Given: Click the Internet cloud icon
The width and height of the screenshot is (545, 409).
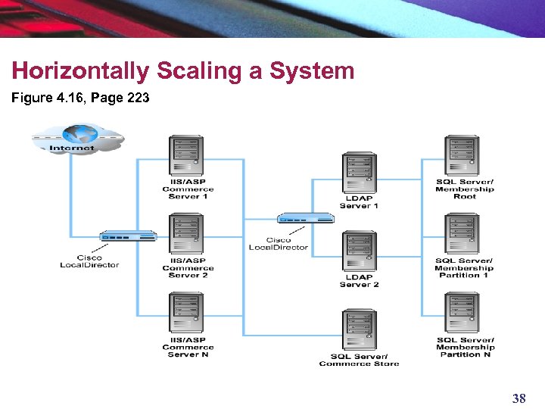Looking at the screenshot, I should click(76, 139).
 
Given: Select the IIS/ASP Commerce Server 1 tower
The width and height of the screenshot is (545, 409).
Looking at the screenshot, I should click(186, 155).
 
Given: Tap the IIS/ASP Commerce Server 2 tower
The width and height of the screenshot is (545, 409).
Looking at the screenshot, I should click(186, 234).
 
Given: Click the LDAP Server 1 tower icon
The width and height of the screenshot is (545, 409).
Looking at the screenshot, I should click(359, 173).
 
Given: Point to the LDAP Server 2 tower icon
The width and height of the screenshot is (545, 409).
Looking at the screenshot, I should click(359, 251).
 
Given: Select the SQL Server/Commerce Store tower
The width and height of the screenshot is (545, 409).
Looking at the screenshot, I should click(359, 330).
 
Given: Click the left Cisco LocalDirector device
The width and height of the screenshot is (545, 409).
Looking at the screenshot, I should click(127, 236).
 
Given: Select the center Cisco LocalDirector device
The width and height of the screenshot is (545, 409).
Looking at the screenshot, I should click(305, 219).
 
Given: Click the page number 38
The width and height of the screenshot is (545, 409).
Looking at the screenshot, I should click(519, 398).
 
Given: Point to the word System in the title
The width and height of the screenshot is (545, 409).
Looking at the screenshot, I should click(318, 71).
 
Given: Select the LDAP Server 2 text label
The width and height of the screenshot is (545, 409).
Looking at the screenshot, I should click(359, 281).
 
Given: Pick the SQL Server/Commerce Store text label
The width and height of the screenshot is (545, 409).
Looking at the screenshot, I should click(359, 360).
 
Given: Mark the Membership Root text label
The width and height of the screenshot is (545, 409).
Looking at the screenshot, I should click(464, 189).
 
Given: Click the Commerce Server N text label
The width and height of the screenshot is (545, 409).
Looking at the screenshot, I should click(188, 347).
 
